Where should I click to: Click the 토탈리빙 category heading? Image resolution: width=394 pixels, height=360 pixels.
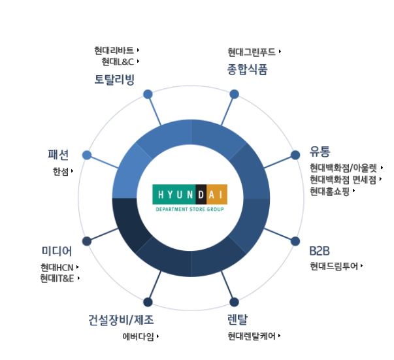tap(114, 80)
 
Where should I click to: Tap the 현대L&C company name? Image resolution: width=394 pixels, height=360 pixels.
tap(118, 62)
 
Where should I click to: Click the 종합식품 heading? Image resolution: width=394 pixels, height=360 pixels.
tap(248, 69)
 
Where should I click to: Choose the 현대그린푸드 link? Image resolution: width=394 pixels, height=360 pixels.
tap(252, 52)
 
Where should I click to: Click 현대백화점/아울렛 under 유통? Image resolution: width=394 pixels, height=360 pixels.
tap(343, 168)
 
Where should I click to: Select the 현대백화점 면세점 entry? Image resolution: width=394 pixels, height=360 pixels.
tap(343, 180)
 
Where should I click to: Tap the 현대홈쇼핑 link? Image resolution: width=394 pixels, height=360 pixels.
tap(330, 191)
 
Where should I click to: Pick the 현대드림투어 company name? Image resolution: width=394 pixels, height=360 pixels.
tap(333, 266)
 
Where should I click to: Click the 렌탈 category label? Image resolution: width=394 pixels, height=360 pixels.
tap(238, 320)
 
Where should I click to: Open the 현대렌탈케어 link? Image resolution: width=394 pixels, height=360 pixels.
tap(251, 336)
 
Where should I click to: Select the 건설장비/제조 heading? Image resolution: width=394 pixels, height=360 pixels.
tap(121, 320)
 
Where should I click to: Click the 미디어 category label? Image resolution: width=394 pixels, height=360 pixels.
tap(56, 251)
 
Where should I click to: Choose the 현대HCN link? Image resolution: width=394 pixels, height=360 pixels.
tap(57, 267)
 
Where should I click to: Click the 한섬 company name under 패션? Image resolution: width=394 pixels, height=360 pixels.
tap(60, 172)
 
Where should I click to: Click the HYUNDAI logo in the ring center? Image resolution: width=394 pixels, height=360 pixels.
tap(189, 195)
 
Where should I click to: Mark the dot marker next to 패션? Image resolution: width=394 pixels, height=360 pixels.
tap(87, 155)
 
